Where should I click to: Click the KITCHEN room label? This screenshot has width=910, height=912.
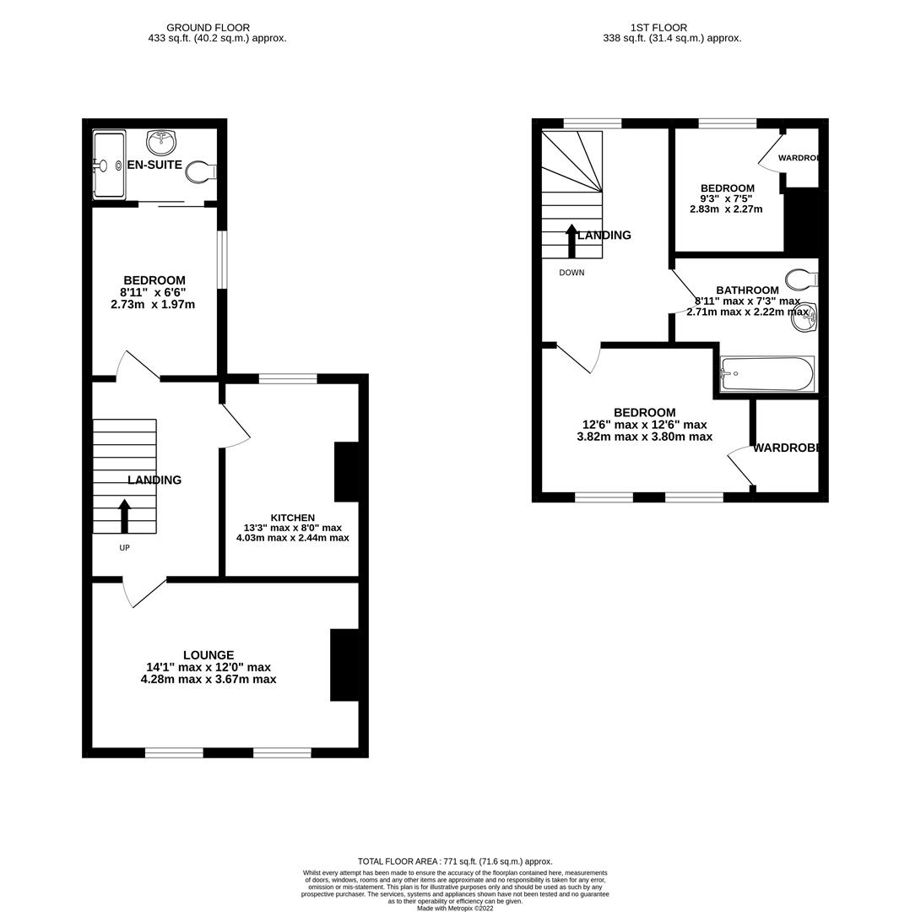(x=292, y=518)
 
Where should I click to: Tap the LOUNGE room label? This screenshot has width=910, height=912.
(x=209, y=655)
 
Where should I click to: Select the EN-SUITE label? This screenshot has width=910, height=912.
(x=154, y=165)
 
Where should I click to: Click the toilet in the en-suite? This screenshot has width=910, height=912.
(x=200, y=172)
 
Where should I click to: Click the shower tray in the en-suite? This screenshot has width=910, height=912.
(x=109, y=165)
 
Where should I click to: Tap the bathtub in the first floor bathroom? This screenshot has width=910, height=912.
(x=766, y=373)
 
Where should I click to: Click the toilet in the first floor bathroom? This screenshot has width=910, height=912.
(x=800, y=279)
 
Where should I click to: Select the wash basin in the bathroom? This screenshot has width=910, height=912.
(x=804, y=317)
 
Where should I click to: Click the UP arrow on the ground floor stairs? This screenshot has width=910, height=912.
(x=125, y=516)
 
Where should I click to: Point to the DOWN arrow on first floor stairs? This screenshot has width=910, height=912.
(x=571, y=241)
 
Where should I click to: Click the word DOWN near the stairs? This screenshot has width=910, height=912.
(x=571, y=273)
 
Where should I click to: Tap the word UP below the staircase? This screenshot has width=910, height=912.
(x=124, y=548)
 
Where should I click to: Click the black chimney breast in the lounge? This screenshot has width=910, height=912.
(x=344, y=665)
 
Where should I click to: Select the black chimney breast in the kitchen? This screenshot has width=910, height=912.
(x=346, y=471)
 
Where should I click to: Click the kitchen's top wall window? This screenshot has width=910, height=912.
(x=288, y=378)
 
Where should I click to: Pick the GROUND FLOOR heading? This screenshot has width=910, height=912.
(x=208, y=28)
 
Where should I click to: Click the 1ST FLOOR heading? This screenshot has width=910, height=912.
(x=658, y=28)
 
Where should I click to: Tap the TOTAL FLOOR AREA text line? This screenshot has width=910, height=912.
(x=455, y=861)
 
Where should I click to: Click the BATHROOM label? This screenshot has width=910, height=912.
(x=747, y=290)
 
